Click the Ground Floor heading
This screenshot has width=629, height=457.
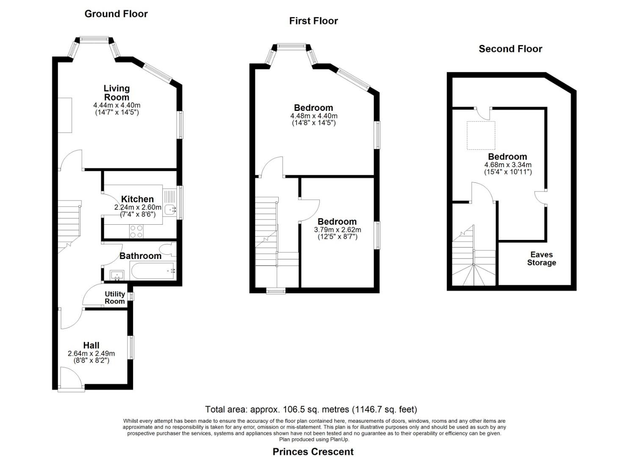click(116, 14)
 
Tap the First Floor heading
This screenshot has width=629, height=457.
click(313, 21)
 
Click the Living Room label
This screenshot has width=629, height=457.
click(116, 93)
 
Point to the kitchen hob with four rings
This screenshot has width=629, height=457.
click(136, 231)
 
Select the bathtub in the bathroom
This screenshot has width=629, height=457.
click(153, 270)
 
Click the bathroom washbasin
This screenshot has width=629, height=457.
click(117, 275)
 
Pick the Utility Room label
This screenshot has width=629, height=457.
click(114, 297)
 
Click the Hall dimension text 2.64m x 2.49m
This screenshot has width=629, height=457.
click(91, 354)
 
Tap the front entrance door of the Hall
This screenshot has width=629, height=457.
click(71, 379)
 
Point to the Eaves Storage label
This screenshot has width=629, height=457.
click(541, 259)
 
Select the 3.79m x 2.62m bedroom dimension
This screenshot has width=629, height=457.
click(337, 230)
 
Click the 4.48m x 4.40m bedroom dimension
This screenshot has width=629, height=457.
click(314, 116)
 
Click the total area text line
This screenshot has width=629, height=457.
click(311, 410)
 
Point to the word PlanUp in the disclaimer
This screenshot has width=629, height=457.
click(340, 440)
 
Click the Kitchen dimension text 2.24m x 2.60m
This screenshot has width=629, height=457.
click(138, 207)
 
